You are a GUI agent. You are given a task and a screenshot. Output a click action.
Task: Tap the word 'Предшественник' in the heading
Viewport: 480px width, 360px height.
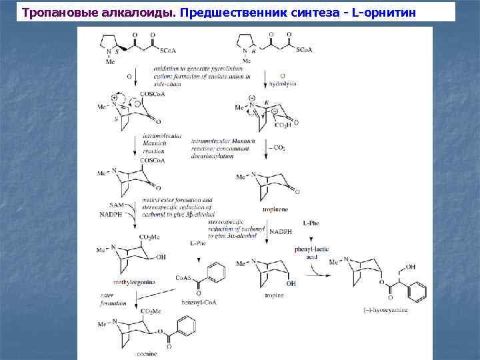231,12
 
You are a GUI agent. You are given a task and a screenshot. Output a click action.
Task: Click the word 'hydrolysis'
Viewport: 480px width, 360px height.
283,85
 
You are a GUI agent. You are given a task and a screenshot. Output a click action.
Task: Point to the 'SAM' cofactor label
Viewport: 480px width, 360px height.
115,205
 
